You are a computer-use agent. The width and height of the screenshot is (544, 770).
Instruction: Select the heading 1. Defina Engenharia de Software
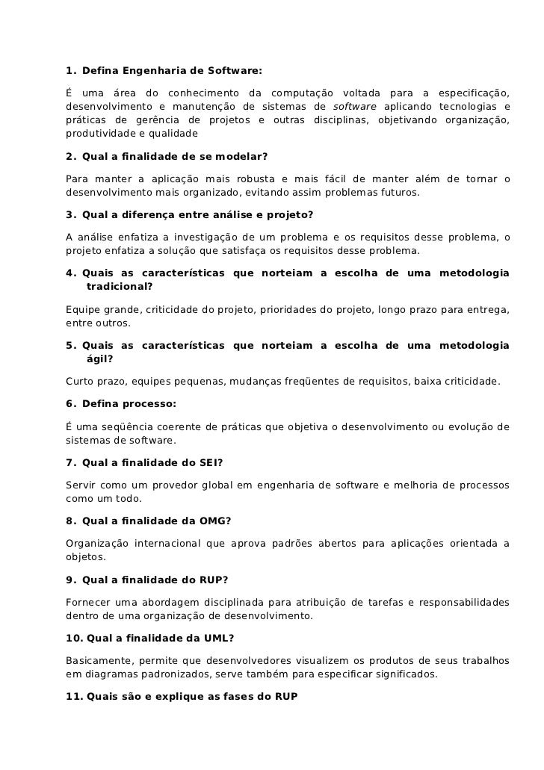coord(164,72)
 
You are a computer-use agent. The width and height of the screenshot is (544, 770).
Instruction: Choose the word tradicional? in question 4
coord(120,286)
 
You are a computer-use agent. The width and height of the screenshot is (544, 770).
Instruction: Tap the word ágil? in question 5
coord(99,358)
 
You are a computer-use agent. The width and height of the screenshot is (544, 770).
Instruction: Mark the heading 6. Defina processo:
coord(121,403)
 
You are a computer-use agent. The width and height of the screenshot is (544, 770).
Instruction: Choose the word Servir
coord(81,485)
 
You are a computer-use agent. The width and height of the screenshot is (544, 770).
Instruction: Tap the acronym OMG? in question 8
coord(216,521)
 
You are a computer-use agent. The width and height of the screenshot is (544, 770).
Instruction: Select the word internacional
coord(166,544)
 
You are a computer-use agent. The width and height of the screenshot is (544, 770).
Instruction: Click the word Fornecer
coord(88,602)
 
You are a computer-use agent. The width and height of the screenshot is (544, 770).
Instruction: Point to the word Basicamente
coord(97,661)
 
